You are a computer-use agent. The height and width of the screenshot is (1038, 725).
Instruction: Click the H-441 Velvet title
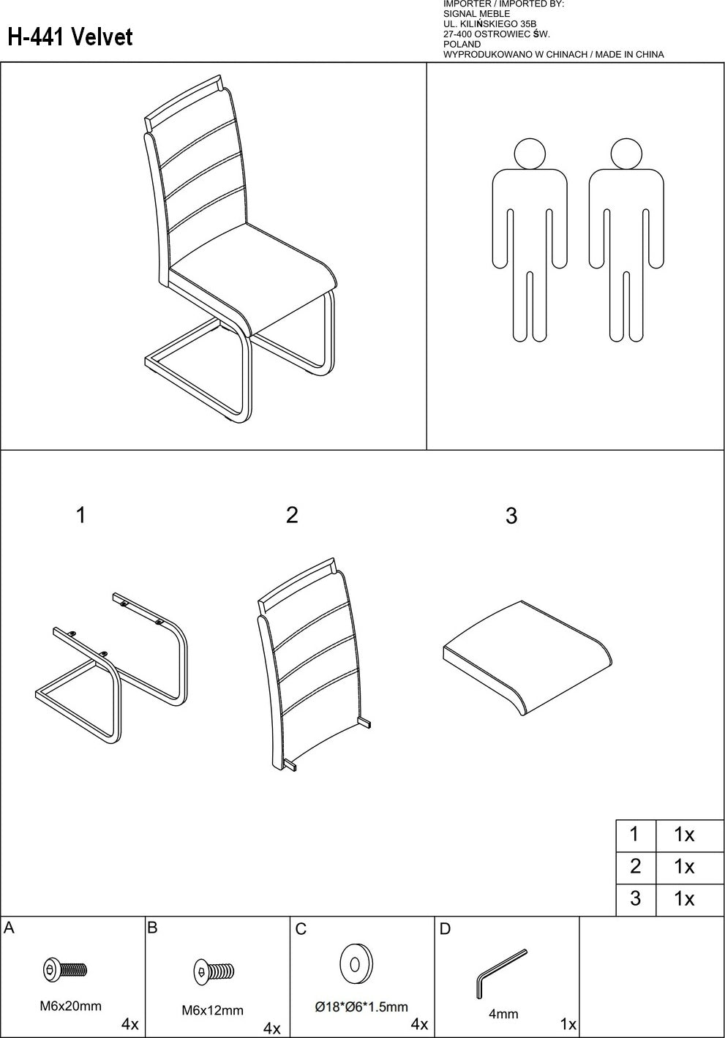click(x=70, y=37)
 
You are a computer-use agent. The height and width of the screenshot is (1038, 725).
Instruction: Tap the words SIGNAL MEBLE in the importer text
click(x=476, y=14)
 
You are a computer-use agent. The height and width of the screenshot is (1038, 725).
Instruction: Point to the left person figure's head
click(x=530, y=154)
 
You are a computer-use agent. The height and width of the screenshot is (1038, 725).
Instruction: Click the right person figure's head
click(x=626, y=154)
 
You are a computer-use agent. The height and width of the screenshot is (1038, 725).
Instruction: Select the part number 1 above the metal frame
click(x=81, y=515)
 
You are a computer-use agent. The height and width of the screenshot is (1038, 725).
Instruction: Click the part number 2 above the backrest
click(x=292, y=515)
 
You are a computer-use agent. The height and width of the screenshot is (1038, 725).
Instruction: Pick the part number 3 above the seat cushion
click(x=511, y=516)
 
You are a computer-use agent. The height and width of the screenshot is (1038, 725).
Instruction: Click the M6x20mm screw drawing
click(x=65, y=969)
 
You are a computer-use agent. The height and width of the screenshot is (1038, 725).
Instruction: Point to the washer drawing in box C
click(x=356, y=964)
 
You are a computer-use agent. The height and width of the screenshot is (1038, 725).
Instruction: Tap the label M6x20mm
click(x=70, y=1006)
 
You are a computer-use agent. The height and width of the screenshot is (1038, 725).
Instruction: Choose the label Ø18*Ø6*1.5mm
click(x=361, y=1007)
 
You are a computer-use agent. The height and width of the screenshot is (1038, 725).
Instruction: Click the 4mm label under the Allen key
click(x=503, y=1014)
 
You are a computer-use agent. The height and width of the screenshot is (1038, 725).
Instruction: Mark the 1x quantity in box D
click(x=568, y=1024)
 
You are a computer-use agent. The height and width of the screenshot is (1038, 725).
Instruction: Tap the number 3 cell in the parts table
click(x=636, y=898)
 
